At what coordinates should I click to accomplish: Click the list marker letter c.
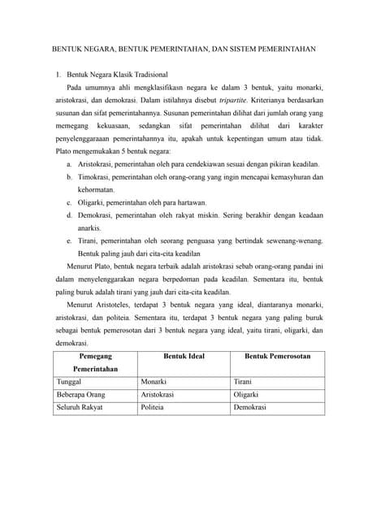pyautogui.click(x=69, y=202)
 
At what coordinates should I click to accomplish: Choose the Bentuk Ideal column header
pyautogui.click(x=184, y=357)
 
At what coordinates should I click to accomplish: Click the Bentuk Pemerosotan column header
pyautogui.click(x=277, y=357)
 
